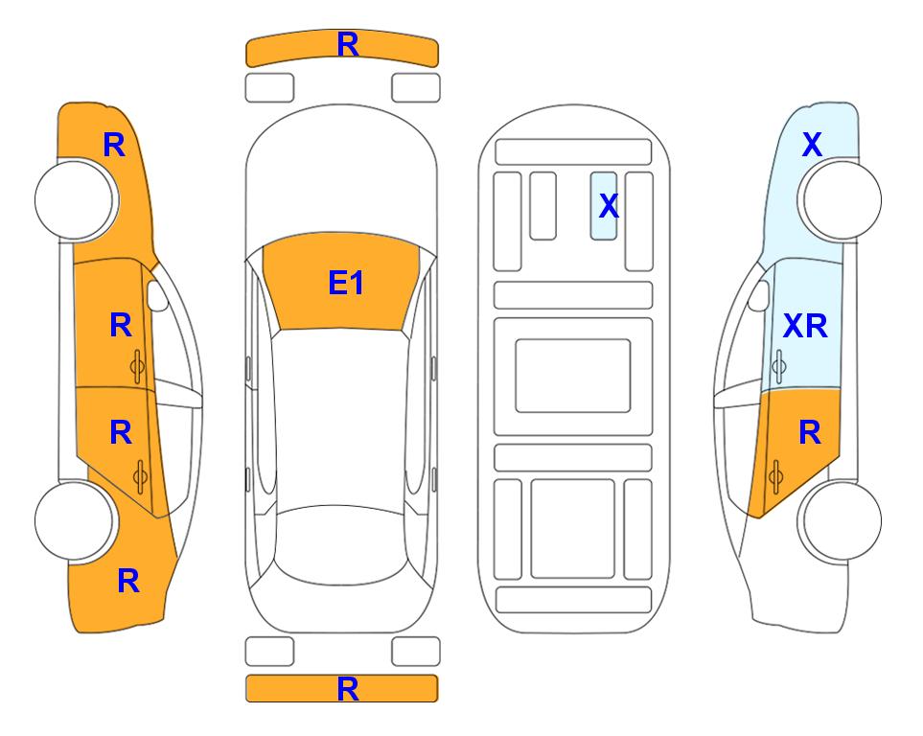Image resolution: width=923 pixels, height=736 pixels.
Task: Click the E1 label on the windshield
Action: pos(346,283)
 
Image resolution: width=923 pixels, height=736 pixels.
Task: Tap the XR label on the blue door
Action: pos(805,326)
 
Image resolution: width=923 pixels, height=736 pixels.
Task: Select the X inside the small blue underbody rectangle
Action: pos(609,206)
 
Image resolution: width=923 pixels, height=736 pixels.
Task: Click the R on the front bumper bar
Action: pos(348,45)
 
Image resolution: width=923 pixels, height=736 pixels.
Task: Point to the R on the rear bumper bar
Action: pos(348,689)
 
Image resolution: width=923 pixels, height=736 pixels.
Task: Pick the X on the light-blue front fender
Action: pos(812,145)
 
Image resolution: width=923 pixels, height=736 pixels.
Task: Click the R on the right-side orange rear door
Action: pos(810,433)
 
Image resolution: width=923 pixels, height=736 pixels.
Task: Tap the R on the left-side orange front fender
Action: pos(114,145)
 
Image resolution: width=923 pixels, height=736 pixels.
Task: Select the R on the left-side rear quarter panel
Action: pos(128,581)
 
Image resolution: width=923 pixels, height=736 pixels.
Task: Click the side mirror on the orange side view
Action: pos(157,295)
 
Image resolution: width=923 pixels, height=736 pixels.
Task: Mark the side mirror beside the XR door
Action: pos(759,295)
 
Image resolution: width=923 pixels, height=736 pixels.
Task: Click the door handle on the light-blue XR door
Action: pos(779,366)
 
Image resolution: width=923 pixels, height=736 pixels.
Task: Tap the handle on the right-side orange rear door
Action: pos(775,476)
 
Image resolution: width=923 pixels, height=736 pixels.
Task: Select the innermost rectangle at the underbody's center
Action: pos(573,376)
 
